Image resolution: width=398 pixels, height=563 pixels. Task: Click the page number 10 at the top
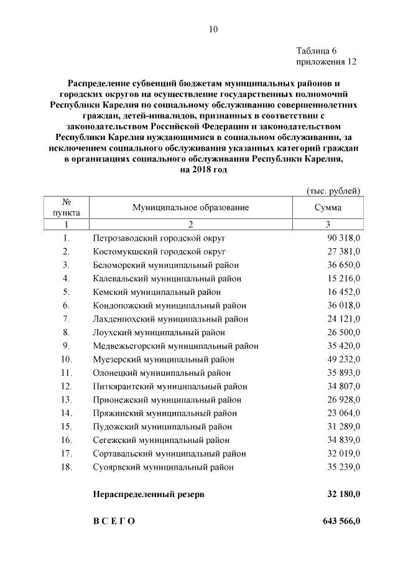tap(213, 29)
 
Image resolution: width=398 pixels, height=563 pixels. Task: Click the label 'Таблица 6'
tap(317, 51)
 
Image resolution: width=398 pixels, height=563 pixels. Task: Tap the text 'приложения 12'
tap(326, 62)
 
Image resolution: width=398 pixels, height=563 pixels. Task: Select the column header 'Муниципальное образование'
tap(190, 208)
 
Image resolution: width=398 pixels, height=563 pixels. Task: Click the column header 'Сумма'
tap(328, 208)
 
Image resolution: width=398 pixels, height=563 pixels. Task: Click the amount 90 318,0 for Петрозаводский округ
tap(344, 238)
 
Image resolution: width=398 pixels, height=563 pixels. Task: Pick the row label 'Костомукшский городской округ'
tap(159, 251)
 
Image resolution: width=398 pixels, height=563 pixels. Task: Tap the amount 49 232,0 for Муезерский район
tap(344, 359)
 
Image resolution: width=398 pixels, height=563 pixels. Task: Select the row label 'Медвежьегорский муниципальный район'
tap(176, 346)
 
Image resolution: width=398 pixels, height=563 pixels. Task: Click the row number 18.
tap(67, 467)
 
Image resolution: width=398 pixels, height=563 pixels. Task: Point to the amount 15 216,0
tap(344, 278)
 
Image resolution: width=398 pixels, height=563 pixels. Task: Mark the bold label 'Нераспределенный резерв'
tap(148, 495)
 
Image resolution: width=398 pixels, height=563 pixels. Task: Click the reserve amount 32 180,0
tap(344, 495)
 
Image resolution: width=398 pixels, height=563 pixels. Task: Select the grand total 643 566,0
tap(341, 521)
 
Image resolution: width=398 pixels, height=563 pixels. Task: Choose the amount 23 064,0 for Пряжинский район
tap(344, 412)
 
